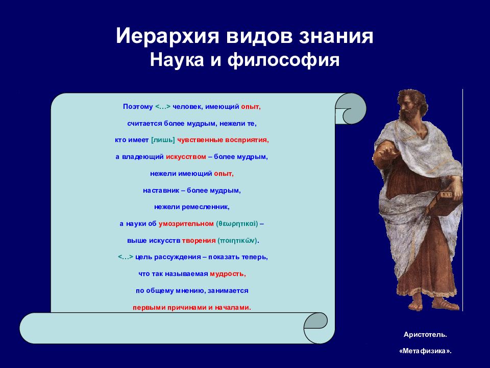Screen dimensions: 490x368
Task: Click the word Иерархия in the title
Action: [167, 36]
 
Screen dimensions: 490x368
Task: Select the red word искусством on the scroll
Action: [186, 157]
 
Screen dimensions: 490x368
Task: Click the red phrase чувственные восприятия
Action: [223, 140]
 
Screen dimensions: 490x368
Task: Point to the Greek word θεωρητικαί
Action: [237, 224]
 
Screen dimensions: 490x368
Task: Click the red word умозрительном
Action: [186, 224]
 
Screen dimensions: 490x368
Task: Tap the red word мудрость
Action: [228, 274]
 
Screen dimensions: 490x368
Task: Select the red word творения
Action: [199, 241]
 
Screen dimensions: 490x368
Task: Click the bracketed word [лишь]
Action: [163, 140]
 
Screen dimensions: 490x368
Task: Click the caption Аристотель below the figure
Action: [425, 334]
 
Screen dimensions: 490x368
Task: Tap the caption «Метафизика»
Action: [425, 351]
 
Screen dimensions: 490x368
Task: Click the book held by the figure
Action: [445, 203]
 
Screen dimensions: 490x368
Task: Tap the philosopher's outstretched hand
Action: [385, 153]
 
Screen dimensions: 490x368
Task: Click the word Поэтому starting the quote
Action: [138, 107]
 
